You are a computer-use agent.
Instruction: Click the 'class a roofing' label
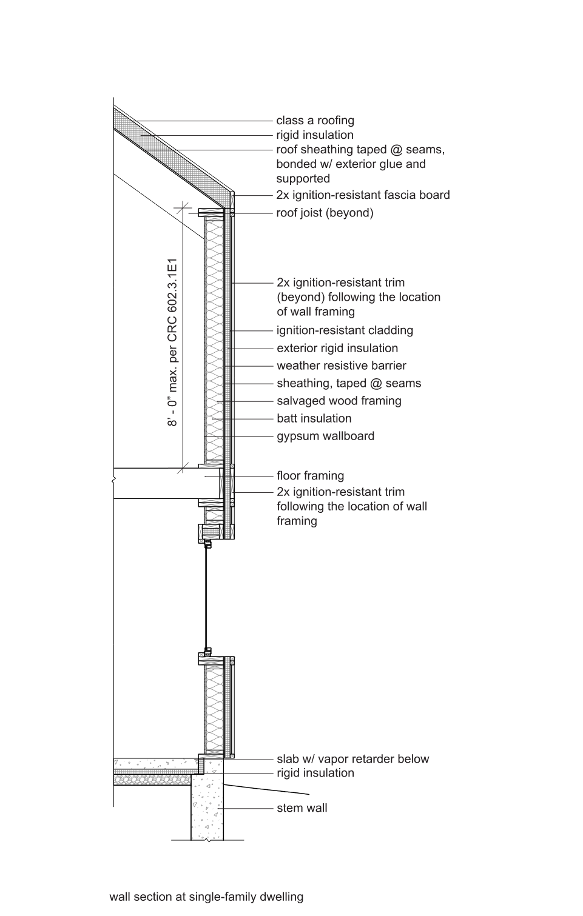coord(315,121)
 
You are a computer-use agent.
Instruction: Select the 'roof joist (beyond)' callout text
coord(325,213)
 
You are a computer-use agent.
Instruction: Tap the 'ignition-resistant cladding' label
coord(345,330)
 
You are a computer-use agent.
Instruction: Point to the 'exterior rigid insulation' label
coord(337,348)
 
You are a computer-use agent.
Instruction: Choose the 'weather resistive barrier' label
coord(342,366)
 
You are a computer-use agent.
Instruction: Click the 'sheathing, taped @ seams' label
coord(349,383)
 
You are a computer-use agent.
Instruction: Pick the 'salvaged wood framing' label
coord(339,401)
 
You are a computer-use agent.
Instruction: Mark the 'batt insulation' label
coord(314,418)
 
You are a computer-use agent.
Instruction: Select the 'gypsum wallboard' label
coord(326,436)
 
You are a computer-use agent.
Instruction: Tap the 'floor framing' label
coord(311,476)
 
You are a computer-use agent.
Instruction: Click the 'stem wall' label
coord(302,808)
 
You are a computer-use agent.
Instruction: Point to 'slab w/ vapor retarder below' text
coord(353,759)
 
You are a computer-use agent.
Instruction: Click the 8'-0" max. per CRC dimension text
coord(172,343)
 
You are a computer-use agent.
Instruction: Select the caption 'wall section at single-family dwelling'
coord(206,897)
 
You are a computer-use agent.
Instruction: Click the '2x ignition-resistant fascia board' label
coord(363,195)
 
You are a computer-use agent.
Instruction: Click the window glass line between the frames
coord(207,597)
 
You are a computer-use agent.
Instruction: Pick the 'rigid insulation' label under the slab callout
coord(315,773)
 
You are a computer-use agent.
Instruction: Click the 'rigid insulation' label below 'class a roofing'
coord(315,135)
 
